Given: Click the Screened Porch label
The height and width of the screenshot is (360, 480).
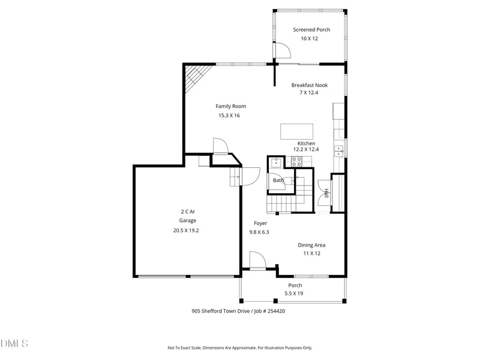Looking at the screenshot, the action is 311,29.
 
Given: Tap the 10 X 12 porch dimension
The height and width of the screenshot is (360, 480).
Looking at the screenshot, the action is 309,38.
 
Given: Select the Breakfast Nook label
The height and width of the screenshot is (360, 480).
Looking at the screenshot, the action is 310,85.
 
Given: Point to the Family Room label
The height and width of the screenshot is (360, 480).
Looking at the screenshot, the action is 230,106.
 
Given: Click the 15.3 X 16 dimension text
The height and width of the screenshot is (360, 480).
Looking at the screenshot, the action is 229,115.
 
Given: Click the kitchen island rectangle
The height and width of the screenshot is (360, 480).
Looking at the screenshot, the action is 296,131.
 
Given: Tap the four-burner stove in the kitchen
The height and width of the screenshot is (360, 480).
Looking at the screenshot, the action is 296,161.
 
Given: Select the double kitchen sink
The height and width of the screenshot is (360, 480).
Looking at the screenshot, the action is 338,151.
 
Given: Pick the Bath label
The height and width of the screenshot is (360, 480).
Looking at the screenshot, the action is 278,181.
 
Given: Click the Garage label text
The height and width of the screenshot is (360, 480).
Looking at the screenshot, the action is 188,221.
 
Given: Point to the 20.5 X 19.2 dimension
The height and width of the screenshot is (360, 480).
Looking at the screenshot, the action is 186,230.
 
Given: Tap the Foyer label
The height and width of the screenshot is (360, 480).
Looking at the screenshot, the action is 260,223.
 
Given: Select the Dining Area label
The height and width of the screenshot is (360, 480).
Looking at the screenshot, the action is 311,245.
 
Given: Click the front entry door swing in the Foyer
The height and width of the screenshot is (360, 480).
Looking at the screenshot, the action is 258,261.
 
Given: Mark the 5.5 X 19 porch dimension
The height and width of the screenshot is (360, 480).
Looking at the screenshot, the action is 294,293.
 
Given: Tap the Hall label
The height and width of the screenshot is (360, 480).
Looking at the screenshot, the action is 326,193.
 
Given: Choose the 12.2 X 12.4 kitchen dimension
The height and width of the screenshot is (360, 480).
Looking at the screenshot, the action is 306,149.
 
